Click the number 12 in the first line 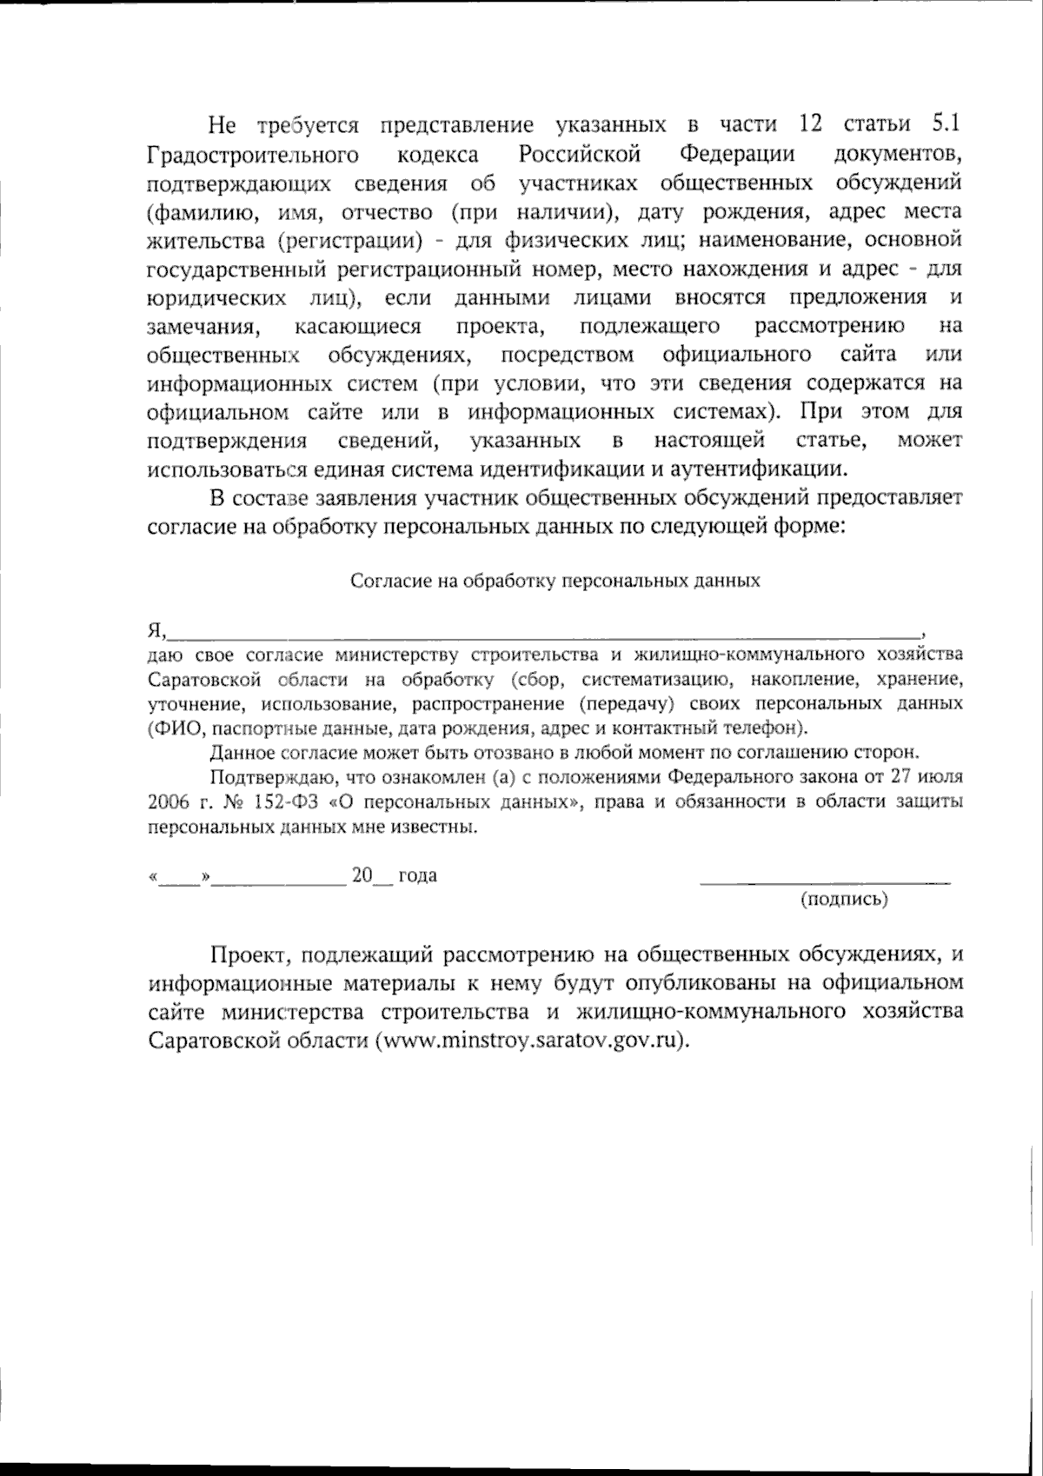[x=809, y=124]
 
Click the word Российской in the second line [x=580, y=155]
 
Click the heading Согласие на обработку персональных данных [x=555, y=582]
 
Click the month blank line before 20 [x=279, y=879]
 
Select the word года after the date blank [x=417, y=875]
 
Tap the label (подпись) [x=844, y=900]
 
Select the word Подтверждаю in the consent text [x=264, y=776]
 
